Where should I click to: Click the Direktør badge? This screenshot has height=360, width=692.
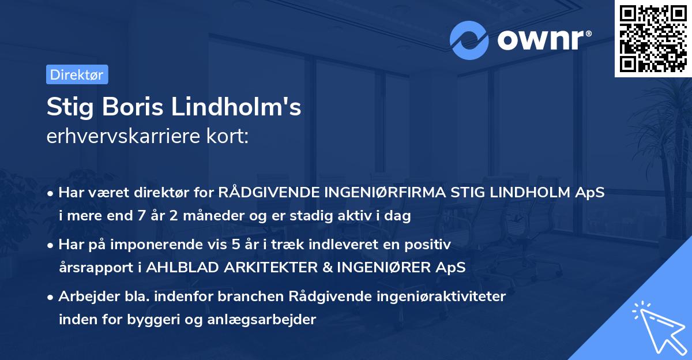(77, 74)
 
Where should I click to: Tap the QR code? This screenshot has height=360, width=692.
(653, 39)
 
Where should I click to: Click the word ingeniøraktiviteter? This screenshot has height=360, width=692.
(442, 297)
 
